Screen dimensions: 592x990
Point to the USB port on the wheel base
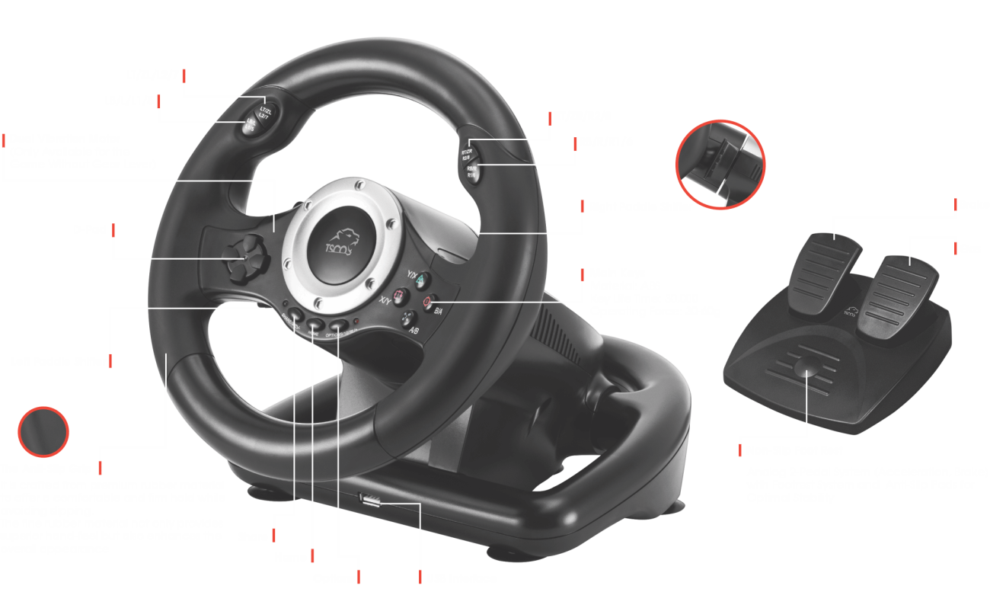coord(371,501)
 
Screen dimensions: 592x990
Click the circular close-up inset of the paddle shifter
coord(719,165)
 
